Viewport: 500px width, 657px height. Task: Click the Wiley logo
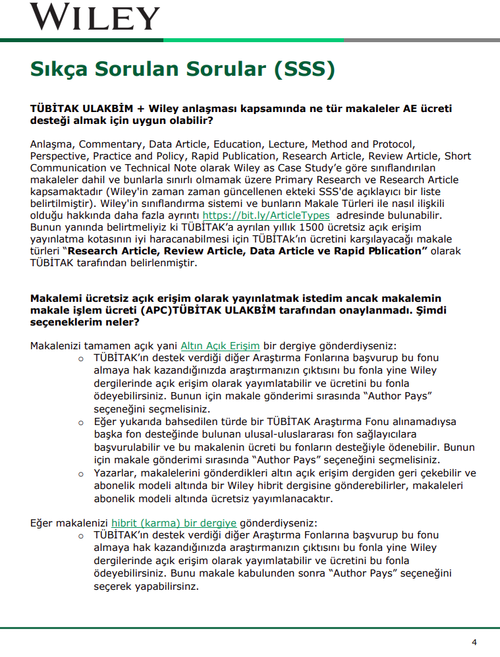(x=95, y=16)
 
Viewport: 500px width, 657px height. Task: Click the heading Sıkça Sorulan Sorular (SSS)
(x=182, y=69)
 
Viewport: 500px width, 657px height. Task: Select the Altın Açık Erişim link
(x=220, y=345)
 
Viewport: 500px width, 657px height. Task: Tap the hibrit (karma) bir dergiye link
(x=174, y=523)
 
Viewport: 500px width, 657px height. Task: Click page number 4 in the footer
(x=474, y=643)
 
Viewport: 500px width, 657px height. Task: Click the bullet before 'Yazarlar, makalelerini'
(x=82, y=474)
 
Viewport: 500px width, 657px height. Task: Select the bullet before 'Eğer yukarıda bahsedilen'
(x=82, y=422)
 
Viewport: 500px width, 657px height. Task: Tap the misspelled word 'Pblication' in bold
(x=391, y=250)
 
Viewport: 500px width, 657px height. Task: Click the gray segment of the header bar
(x=422, y=40)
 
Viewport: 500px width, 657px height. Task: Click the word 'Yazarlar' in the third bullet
(x=115, y=473)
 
